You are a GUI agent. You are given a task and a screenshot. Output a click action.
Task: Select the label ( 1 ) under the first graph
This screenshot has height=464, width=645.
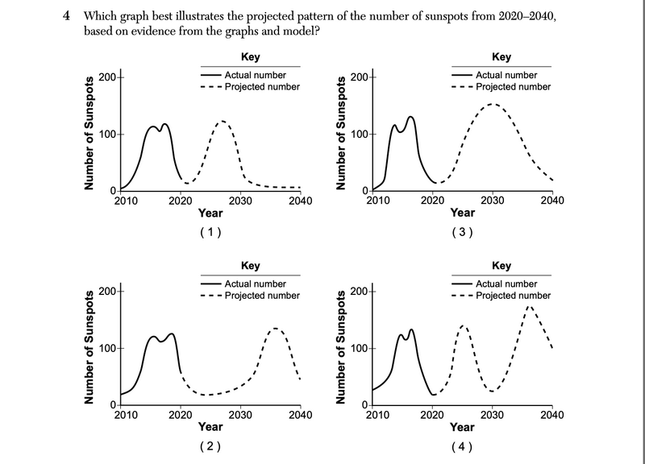210,232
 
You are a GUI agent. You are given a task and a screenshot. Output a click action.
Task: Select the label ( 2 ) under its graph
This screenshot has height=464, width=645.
210,446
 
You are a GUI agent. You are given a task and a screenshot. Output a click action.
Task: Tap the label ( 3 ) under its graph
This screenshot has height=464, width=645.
462,232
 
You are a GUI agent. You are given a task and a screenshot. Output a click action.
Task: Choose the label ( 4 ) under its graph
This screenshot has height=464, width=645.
462,446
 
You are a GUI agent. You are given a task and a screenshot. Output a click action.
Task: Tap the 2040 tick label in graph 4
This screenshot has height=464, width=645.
552,415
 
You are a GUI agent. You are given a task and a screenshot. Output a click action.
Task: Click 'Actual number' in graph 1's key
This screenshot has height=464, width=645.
252,75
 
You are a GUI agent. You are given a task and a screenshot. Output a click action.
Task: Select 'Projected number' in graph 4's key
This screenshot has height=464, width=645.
514,296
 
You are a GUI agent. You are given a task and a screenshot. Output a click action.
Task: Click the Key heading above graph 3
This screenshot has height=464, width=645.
501,57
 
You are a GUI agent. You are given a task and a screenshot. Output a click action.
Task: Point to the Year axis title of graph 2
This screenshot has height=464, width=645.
210,427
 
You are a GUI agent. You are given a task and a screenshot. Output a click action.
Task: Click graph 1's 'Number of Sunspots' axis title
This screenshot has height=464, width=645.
90,134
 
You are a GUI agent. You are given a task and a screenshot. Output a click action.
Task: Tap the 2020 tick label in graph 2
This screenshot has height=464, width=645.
181,415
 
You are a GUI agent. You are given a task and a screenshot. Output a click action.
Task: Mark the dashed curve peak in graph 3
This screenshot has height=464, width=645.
492,104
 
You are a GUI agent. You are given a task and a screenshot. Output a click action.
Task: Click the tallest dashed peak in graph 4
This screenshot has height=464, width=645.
529,306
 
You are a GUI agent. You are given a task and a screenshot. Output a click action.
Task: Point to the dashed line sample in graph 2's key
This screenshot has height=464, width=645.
210,296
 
